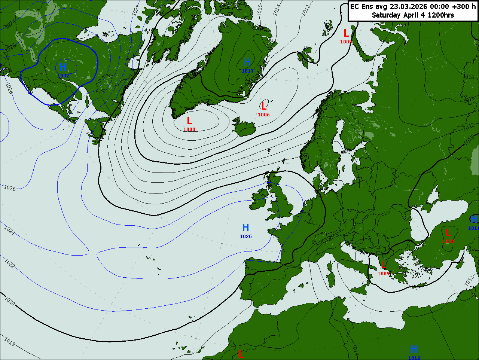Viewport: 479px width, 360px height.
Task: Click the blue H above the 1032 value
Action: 63,67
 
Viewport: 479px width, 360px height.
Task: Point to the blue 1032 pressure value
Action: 63,76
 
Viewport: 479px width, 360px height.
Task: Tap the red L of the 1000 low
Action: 189,121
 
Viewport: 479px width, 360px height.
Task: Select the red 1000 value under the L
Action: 189,129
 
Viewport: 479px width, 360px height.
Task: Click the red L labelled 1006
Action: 263,106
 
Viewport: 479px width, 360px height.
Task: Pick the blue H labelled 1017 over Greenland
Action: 247,62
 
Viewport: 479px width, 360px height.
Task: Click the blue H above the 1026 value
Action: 245,228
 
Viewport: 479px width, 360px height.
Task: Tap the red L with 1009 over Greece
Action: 383,265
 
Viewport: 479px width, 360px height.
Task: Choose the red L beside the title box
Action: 346,33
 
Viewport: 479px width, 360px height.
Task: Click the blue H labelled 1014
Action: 414,350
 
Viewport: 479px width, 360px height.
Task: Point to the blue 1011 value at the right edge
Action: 473,228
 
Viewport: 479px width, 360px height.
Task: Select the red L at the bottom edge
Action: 241,354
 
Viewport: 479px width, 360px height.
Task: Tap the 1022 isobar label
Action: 10,263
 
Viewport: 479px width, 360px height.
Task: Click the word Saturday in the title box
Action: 386,15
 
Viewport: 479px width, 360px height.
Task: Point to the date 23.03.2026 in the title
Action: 409,6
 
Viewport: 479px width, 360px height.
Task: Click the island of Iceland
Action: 245,128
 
